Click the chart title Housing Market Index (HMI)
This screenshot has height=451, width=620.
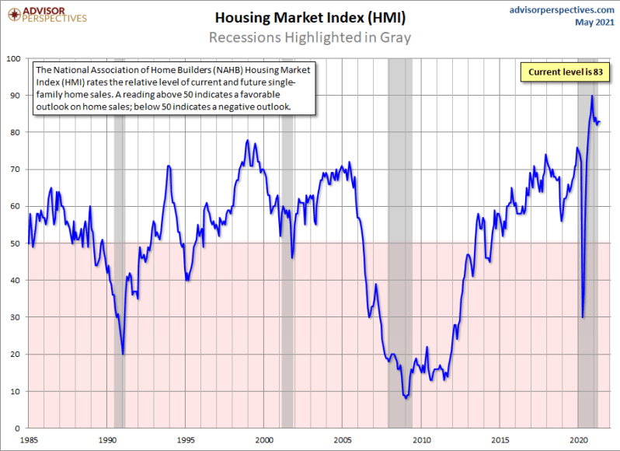tap(309, 17)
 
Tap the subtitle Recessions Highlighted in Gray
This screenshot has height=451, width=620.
tap(309, 37)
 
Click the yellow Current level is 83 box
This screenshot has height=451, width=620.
tap(565, 72)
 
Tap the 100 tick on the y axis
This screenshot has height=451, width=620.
tap(15, 58)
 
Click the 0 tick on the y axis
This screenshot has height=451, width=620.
tap(19, 428)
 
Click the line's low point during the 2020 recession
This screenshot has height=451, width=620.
tap(583, 316)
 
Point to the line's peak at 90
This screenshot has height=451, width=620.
tap(592, 96)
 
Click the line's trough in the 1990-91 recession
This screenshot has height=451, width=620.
tap(123, 354)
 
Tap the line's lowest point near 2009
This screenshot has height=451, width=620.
tap(406, 397)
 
